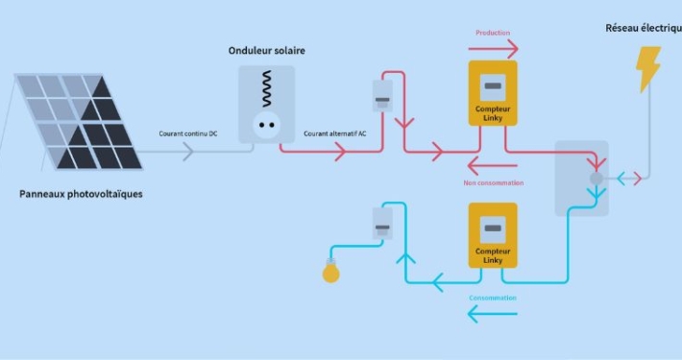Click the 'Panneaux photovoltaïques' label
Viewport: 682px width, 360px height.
tap(81, 194)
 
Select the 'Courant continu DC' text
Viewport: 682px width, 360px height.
tap(188, 133)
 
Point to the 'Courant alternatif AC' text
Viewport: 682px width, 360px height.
tap(334, 133)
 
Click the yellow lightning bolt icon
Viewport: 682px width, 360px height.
tap(649, 69)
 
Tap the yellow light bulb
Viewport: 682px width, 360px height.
tap(330, 273)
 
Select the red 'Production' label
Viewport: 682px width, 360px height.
tap(493, 33)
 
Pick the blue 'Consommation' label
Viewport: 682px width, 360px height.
tap(493, 298)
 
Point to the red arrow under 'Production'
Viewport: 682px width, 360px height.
tap(495, 49)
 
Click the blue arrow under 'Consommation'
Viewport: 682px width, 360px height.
tap(493, 313)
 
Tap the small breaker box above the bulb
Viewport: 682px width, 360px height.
tap(382, 227)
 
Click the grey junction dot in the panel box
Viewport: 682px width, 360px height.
tap(596, 179)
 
